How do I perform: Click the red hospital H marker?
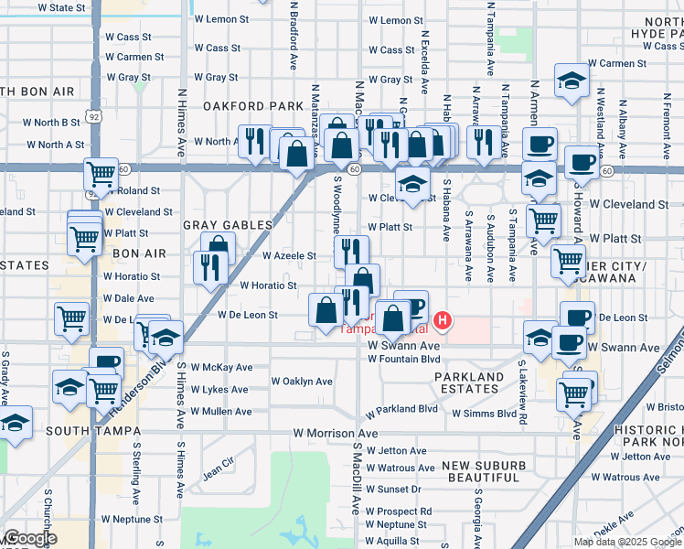443,320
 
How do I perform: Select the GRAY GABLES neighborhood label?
228,225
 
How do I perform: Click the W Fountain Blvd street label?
403,360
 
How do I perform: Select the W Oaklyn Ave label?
302,381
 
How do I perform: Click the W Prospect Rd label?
399,511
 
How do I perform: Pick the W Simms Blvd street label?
485,414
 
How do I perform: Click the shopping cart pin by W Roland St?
101,173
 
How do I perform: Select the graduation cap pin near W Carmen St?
572,81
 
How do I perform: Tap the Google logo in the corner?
29,539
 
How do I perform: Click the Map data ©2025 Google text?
627,542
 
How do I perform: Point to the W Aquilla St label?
392,541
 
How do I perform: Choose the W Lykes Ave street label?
219,390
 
